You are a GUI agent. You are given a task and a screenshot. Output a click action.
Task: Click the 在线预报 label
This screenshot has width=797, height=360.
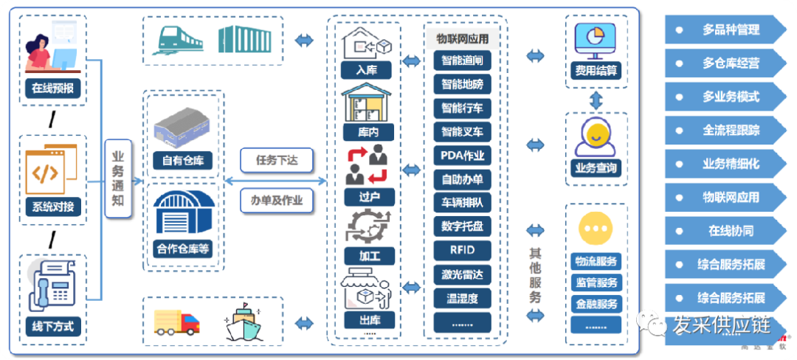point(52,89)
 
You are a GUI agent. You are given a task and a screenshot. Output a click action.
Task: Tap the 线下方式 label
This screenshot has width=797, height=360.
point(52,325)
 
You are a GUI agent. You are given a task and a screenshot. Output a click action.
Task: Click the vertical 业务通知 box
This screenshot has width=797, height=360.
point(118,178)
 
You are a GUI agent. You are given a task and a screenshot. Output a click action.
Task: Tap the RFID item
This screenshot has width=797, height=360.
point(462,249)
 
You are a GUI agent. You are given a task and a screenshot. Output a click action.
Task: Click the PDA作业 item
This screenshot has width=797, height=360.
point(462,156)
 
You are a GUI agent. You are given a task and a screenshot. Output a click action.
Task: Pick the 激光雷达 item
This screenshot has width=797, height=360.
point(462,274)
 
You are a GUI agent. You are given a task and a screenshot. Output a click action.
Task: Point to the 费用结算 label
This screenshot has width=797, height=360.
point(596,72)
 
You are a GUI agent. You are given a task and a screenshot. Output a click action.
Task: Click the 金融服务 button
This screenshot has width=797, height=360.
point(596,303)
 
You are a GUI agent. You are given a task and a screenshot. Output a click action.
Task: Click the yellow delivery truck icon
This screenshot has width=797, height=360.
point(177,322)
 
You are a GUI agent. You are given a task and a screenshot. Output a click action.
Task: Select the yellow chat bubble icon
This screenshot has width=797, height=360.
point(596,229)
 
